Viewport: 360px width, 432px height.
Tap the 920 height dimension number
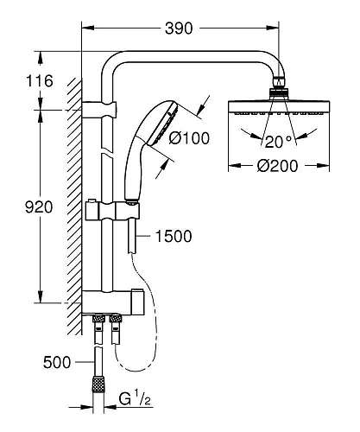click(39, 207)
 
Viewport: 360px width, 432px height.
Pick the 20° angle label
click(278, 141)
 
